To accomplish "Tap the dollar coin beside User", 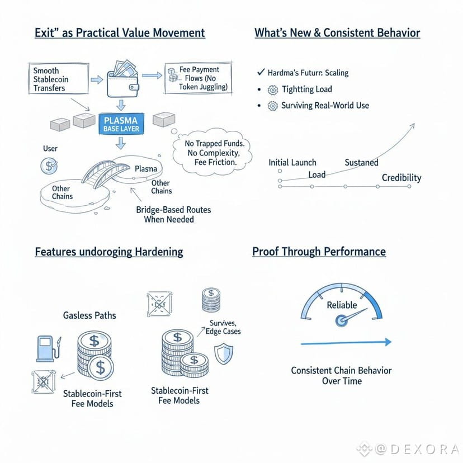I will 49,166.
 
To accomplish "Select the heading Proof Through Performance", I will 319,251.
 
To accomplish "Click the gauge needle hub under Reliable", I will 341,320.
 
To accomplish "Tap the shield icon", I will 224,354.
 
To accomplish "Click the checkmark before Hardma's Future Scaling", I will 260,73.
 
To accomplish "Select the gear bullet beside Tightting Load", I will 272,89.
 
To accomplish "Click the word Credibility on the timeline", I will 401,178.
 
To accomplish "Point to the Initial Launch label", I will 292,162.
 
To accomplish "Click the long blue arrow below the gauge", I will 346,342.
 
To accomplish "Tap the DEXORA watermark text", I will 416,448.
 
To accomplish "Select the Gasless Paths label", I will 89,315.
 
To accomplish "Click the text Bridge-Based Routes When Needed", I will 173,215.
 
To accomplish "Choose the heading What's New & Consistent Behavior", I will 337,32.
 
